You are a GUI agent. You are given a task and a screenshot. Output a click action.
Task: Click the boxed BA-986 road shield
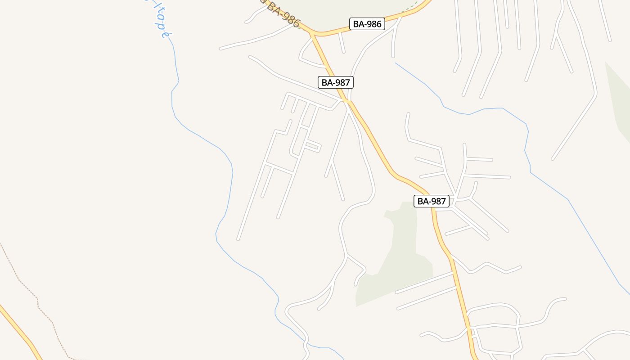367,24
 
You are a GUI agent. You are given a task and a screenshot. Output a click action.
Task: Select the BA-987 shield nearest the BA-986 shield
336,82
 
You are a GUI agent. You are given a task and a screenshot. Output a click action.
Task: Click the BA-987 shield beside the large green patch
432,201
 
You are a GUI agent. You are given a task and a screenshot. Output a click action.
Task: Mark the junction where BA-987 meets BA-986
314,34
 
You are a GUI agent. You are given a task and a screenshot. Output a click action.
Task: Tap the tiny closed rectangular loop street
313,147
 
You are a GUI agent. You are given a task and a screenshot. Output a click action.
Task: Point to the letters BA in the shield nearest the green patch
423,201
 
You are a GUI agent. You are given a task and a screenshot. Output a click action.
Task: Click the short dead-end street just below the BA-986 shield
342,43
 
